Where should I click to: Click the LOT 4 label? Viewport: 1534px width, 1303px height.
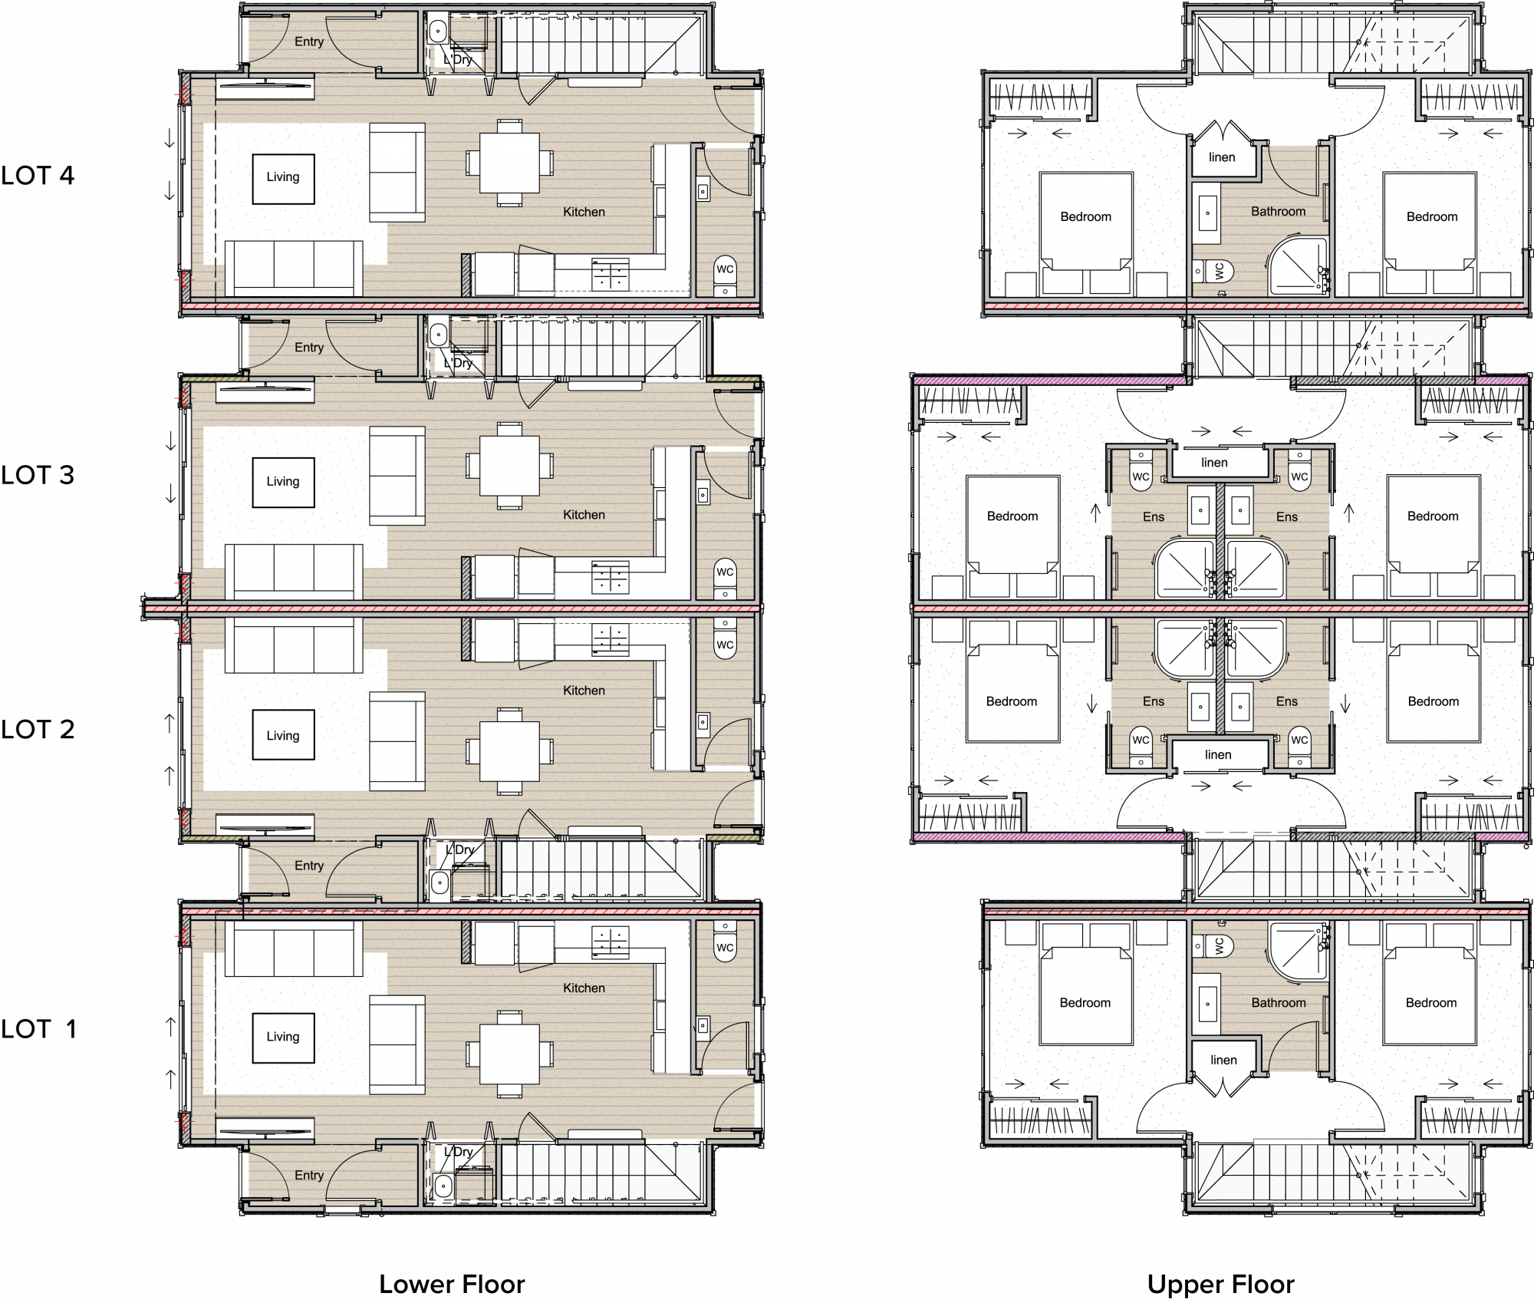[38, 176]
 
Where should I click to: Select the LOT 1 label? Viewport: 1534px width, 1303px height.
[38, 1029]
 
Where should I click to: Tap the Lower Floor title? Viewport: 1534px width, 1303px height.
[452, 1285]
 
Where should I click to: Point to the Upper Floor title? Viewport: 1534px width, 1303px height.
[1220, 1285]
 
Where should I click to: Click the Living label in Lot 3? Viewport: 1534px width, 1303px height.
[283, 482]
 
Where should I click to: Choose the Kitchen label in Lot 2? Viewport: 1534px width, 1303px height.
[584, 691]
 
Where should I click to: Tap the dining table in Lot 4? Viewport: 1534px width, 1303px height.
[509, 163]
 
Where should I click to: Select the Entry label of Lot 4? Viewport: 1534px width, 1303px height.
[309, 42]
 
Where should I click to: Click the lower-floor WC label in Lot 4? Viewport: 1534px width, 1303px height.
[725, 269]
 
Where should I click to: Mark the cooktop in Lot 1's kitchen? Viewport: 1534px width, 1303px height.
[611, 941]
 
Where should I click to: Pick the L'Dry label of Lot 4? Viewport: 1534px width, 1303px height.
[458, 60]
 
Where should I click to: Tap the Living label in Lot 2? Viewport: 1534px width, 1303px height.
[283, 736]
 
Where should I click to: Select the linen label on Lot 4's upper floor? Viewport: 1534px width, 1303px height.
[1222, 157]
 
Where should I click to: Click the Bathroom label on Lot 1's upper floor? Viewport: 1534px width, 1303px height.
[1279, 1003]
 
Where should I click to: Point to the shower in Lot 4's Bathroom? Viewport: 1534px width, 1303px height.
[1297, 266]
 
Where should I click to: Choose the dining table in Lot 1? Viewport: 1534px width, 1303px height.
[509, 1054]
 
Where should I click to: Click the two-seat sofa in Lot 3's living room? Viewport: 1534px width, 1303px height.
[397, 476]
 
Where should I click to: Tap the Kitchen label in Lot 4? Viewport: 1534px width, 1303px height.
[584, 212]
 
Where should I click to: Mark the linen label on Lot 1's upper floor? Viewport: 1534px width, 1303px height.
[1223, 1061]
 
